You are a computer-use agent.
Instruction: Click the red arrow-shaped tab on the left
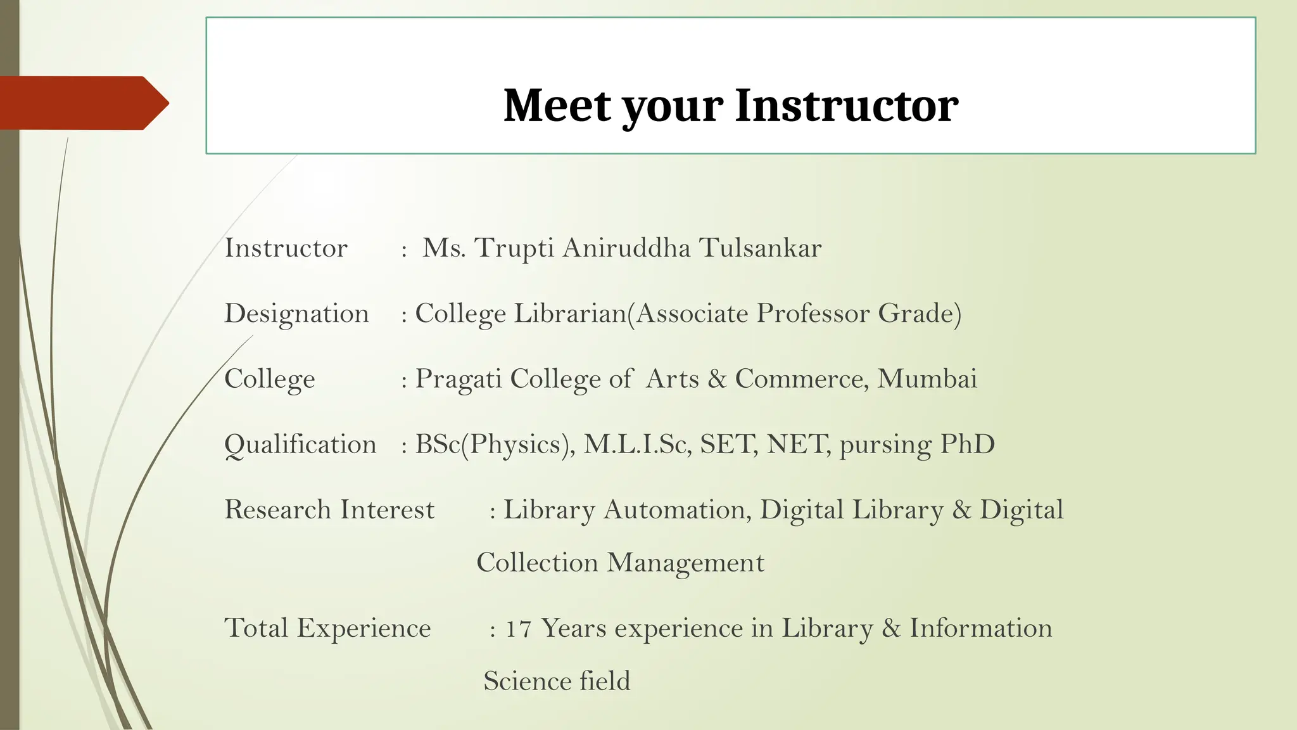pos(82,103)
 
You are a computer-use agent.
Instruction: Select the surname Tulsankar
pos(760,248)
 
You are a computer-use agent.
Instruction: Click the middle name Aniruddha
pos(626,248)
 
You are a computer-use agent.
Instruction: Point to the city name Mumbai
pos(927,379)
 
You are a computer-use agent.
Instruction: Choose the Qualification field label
pos(300,445)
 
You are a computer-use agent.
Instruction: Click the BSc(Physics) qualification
pos(495,445)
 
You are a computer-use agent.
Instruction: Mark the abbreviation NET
pos(798,445)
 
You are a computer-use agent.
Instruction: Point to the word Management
pos(686,563)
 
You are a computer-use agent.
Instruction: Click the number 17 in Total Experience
pos(518,629)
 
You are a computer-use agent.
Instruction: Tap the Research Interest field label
pos(329,510)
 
